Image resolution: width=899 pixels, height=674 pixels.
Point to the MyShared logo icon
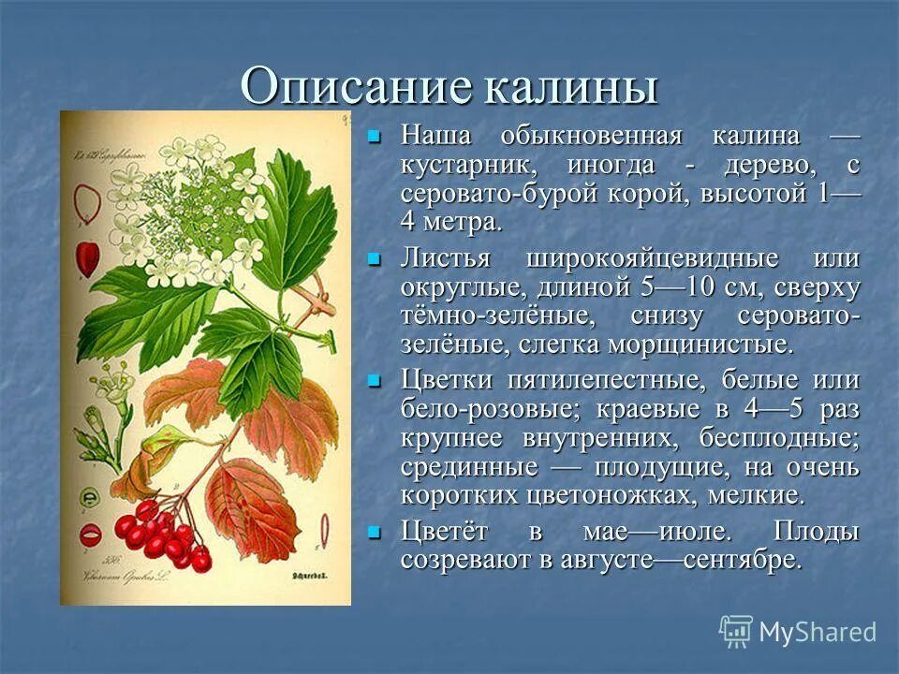736,631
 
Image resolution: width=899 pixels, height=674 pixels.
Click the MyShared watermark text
817,632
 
